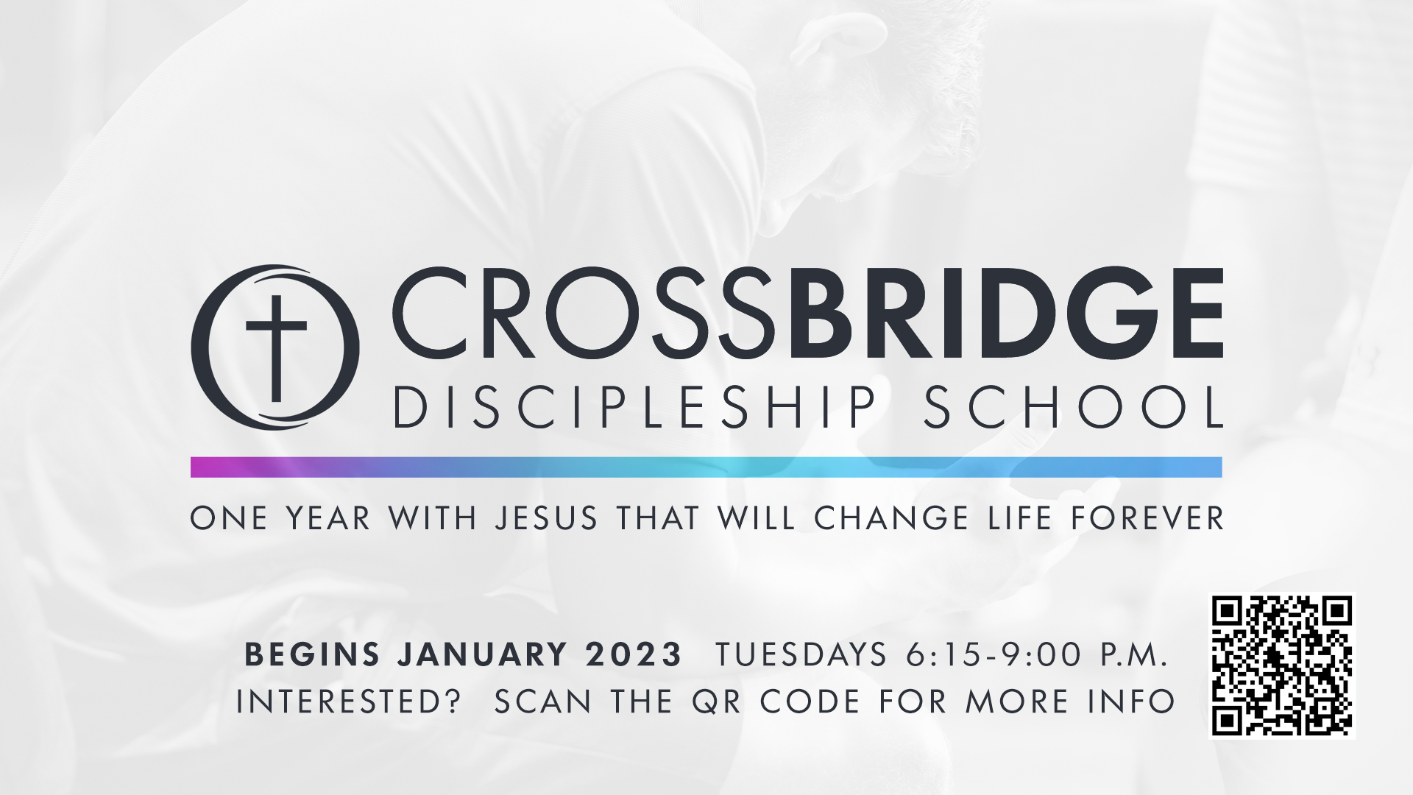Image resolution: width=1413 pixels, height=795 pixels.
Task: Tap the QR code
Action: click(1283, 666)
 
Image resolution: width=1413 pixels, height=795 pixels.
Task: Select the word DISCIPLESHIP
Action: click(636, 407)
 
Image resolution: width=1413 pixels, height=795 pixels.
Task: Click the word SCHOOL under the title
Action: click(1073, 407)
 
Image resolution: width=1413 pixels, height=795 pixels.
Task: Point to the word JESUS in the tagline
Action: click(546, 518)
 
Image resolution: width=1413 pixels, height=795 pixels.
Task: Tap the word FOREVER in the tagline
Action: click(1147, 518)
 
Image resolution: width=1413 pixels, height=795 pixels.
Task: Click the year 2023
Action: click(634, 654)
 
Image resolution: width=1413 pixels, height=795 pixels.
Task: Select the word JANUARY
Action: click(483, 654)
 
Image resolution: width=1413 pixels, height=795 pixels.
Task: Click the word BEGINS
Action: click(312, 654)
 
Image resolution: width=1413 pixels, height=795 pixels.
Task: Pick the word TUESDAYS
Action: click(801, 654)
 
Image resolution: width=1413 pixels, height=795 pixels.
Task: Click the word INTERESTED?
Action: click(348, 702)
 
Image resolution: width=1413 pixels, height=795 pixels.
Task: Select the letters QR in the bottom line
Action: click(716, 702)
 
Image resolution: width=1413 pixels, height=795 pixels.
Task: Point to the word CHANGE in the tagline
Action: click(891, 518)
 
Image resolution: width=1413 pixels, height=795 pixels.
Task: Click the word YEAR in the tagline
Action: click(328, 518)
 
